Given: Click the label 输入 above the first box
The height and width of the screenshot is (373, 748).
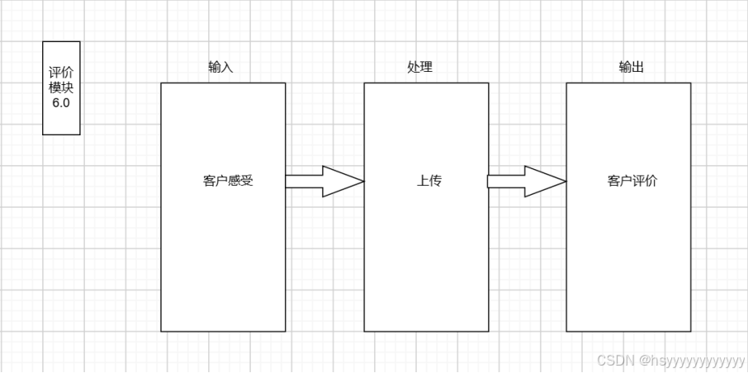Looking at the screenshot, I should (220, 68).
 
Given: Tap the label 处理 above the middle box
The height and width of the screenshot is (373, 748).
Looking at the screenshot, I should (419, 68).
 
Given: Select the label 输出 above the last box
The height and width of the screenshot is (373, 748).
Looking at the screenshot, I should (632, 68).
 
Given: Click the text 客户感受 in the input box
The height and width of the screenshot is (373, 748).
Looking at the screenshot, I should (227, 182).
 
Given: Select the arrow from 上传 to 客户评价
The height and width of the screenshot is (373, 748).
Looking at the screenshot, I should (526, 182).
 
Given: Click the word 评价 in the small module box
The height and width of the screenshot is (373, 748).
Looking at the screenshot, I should (61, 73).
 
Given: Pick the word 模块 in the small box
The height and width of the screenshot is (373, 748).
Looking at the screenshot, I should (61, 87).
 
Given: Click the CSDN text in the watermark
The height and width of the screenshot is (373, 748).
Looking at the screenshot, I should (613, 361).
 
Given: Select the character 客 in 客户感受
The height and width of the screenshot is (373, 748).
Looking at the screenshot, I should (208, 182).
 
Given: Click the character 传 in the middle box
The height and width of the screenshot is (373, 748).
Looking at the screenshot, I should (436, 182).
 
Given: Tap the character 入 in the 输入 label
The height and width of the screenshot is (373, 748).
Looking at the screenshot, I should (227, 68).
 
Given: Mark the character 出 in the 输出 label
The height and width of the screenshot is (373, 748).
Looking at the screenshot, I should (638, 68).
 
